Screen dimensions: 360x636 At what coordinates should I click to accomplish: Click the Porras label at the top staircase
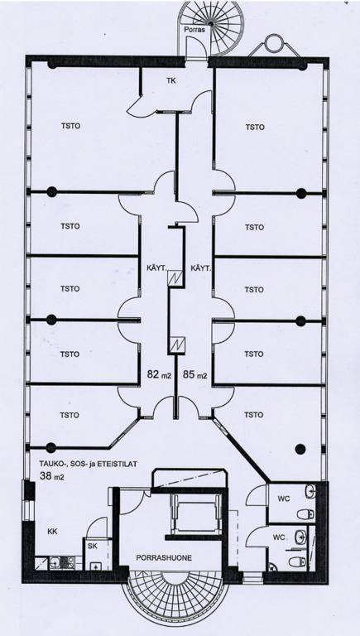194,30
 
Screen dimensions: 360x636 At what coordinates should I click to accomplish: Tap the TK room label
171,80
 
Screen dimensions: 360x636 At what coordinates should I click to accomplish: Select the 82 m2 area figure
159,375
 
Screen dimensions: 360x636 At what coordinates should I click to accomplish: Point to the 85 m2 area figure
195,375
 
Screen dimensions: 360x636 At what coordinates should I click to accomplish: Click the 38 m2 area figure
51,477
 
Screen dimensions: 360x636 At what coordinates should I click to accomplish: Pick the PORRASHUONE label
164,557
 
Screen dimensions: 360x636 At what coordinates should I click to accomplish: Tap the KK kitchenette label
52,532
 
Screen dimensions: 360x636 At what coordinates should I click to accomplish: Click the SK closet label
93,546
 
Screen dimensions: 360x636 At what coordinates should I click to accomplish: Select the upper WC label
284,499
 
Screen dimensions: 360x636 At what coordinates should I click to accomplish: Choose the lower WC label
279,537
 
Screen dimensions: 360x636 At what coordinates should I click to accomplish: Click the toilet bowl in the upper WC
305,515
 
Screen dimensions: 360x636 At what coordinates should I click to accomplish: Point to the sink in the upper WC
310,491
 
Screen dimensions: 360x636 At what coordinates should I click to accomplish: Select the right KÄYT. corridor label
200,268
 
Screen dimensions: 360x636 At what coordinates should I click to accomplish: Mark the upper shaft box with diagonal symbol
176,278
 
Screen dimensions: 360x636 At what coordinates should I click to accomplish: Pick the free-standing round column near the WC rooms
300,449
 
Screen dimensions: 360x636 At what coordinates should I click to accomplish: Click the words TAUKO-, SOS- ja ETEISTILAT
88,463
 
